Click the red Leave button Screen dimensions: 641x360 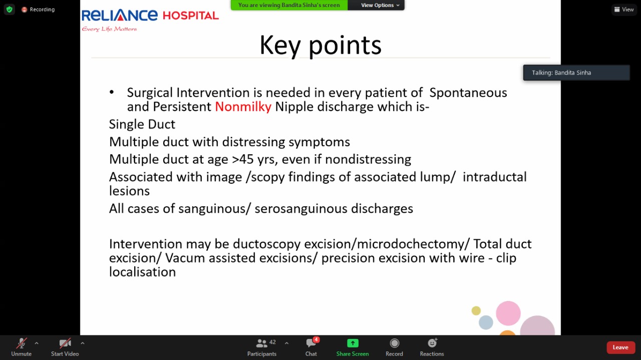point(620,347)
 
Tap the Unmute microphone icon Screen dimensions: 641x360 point(22,343)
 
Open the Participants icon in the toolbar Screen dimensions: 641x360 point(261,343)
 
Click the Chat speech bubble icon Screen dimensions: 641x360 point(310,343)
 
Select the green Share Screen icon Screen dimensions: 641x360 point(353,343)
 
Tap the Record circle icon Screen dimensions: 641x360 point(394,343)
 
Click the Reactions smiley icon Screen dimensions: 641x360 point(432,343)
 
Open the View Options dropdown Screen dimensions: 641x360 point(380,5)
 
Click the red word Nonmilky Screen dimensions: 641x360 point(243,107)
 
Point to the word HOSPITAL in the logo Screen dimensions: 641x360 point(191,16)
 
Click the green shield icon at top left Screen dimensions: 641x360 point(10,10)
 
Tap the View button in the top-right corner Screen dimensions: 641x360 point(624,10)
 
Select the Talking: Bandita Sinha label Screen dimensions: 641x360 point(561,73)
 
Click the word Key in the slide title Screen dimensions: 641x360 point(280,46)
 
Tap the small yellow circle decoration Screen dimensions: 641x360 point(476,310)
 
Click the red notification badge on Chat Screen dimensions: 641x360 point(316,339)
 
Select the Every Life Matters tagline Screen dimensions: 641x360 point(109,29)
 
